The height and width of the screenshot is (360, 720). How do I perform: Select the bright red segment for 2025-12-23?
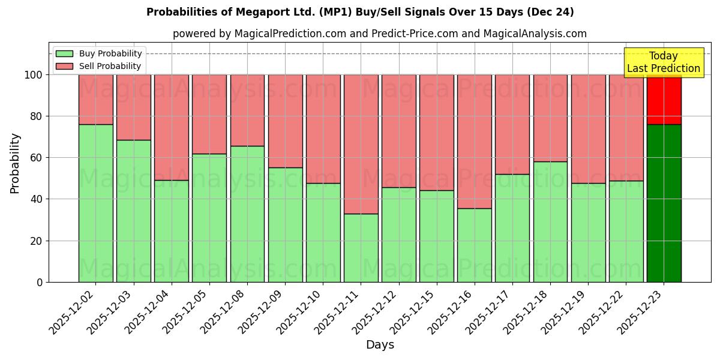pos(664,100)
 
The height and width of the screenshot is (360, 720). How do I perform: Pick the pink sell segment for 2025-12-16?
pos(474,142)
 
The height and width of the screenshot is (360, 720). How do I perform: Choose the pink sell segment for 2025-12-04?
pos(171,127)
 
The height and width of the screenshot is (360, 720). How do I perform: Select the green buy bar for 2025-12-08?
pos(247,214)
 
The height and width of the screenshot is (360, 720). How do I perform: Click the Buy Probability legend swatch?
pos(64,54)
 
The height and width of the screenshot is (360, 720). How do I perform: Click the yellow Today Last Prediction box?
pos(663,62)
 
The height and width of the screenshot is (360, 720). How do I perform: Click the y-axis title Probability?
pos(15,163)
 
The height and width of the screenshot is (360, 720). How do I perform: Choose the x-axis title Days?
pos(380,345)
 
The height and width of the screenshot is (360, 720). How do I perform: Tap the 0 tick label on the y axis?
pos(40,282)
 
